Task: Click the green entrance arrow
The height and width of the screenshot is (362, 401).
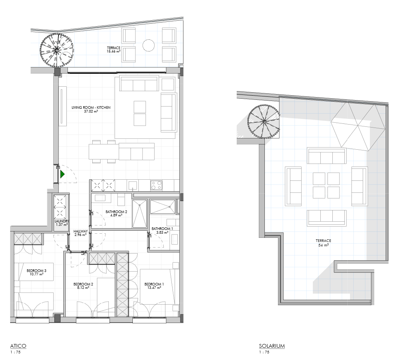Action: click(x=62, y=174)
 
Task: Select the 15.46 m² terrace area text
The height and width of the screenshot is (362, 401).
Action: click(x=114, y=51)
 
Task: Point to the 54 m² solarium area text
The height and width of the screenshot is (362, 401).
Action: click(x=323, y=245)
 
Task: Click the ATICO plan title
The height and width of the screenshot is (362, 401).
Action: click(x=18, y=346)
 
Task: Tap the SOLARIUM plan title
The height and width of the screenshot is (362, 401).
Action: click(x=272, y=346)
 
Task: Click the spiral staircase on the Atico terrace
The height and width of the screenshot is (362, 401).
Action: click(x=57, y=50)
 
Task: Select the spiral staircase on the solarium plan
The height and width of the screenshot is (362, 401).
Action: click(x=264, y=122)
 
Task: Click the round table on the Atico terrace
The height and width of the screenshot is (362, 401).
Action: click(x=149, y=46)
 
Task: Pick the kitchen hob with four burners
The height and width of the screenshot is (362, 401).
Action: click(x=156, y=185)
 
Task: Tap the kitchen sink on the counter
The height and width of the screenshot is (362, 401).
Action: click(x=133, y=185)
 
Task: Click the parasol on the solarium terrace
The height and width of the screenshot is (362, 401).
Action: click(x=358, y=128)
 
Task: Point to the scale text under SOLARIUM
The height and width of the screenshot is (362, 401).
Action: click(x=264, y=352)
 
